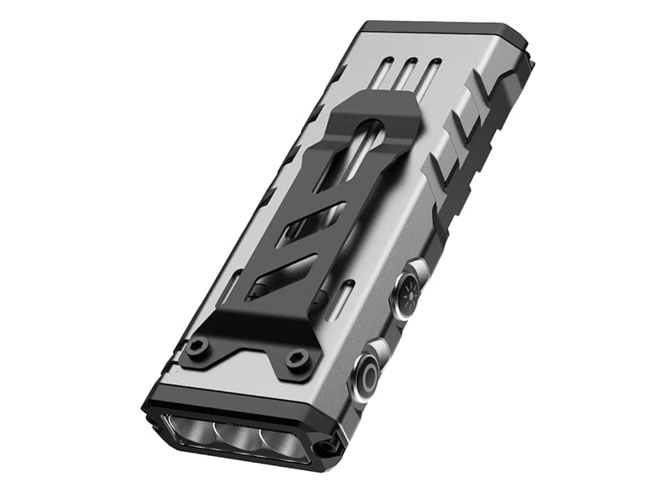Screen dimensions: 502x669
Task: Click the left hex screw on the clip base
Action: pos(198,346)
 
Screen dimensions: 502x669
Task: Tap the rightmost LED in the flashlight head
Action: pos(281,444)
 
